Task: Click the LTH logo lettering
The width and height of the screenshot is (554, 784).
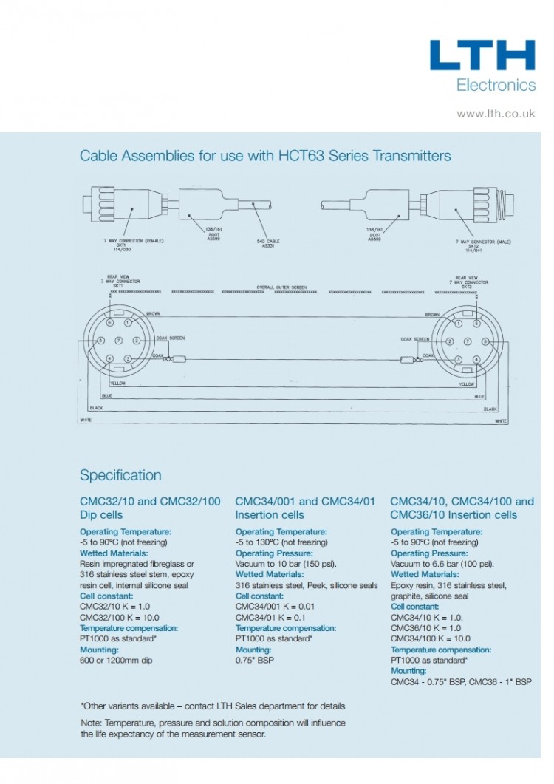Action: coord(482,56)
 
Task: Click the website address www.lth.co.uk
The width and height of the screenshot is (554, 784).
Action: coord(496,114)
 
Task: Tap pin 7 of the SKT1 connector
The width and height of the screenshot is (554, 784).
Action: coord(118,341)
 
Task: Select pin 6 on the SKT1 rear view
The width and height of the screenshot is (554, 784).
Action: coord(109,324)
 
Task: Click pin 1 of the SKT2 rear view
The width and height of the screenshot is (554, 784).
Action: coord(458,324)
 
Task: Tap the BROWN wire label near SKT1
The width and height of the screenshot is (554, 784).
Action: coord(154,314)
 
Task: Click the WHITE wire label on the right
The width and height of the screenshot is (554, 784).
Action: coord(500,420)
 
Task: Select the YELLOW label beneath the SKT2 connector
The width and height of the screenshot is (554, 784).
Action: coord(466,384)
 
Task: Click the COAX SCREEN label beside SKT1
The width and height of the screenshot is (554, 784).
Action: coord(171,338)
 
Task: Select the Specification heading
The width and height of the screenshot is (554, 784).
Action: coord(120,475)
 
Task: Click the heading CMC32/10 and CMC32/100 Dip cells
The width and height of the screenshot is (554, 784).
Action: coord(150,508)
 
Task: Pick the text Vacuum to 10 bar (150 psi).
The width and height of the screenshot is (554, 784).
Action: coord(286,564)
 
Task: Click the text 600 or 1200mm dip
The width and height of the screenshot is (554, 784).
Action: coord(116,660)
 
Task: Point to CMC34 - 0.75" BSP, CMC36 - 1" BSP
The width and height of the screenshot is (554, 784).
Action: coord(460,681)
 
